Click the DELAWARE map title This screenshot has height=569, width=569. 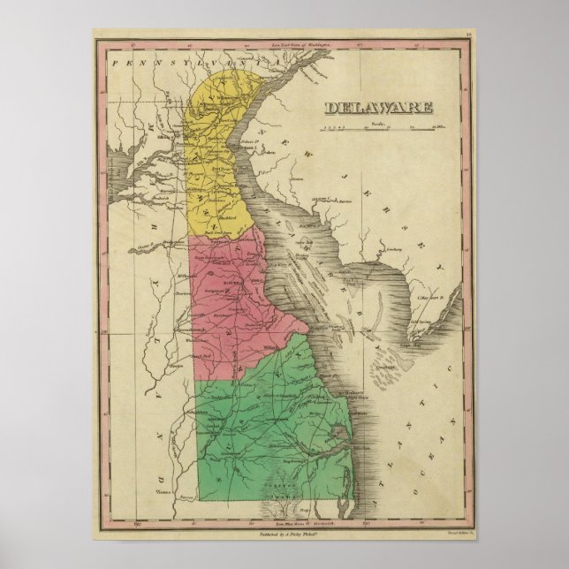tap(378, 109)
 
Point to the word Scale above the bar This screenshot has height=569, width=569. tap(380, 123)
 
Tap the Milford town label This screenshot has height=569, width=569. tap(270, 347)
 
